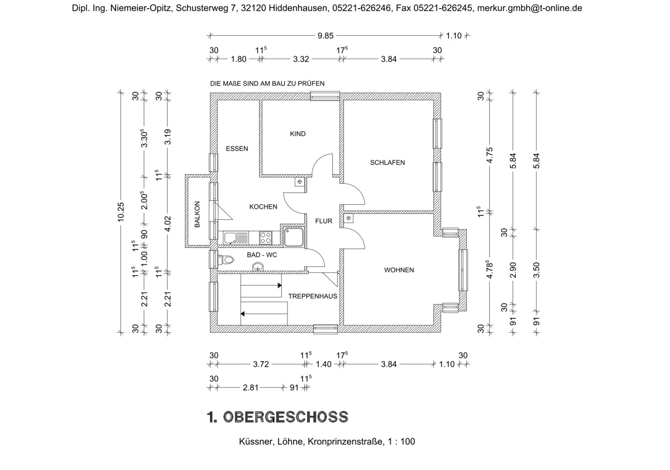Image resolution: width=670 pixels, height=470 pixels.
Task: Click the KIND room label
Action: point(298,134)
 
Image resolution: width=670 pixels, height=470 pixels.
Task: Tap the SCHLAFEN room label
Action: point(387,162)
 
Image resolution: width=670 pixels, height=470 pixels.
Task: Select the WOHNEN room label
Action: point(399,270)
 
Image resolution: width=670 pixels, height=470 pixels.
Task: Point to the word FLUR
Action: point(323,221)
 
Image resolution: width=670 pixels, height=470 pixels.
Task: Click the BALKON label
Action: point(197,214)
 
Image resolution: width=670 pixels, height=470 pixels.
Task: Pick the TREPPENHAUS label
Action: point(313,296)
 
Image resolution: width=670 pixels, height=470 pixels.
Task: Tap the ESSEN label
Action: point(237,148)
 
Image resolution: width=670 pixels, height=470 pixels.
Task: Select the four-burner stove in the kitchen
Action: point(266,238)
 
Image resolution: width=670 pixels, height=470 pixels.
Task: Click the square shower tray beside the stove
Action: point(293,237)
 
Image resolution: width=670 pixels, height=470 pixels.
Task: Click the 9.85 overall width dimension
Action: point(325,36)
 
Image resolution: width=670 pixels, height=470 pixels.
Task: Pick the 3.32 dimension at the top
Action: point(301,58)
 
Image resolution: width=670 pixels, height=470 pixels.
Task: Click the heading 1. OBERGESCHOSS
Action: point(277,417)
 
